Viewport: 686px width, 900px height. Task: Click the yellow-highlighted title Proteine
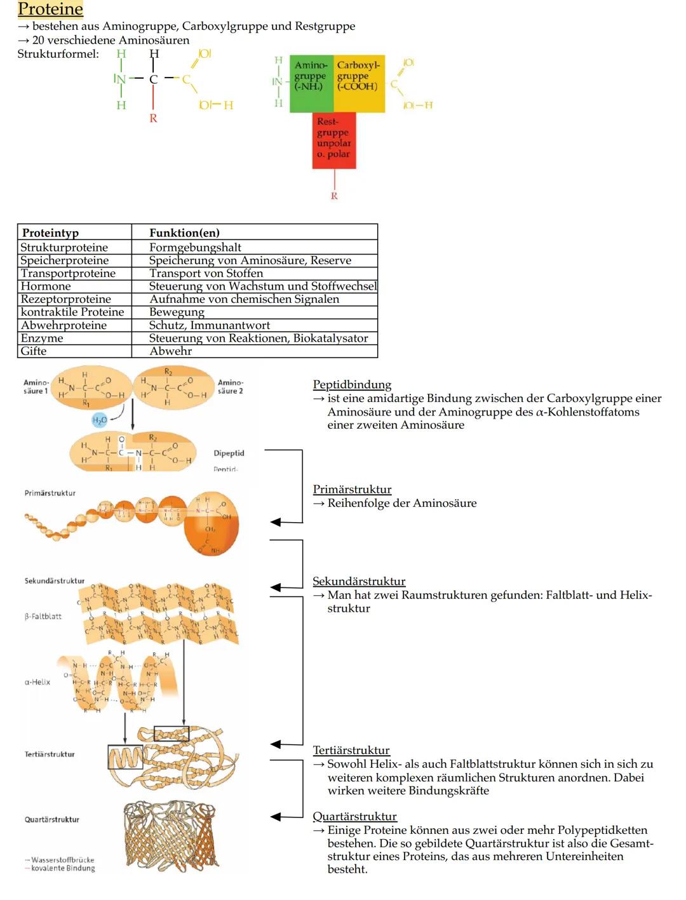(x=50, y=10)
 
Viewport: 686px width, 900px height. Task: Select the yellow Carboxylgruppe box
(x=359, y=83)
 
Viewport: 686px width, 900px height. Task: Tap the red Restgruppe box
(x=333, y=140)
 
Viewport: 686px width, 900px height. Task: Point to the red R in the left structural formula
(x=153, y=118)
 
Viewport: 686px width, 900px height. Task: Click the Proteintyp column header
(x=51, y=232)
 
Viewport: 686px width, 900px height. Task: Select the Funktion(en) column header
(x=184, y=232)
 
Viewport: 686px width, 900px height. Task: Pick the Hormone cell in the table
(x=46, y=286)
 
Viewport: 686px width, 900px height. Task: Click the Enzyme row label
(x=42, y=338)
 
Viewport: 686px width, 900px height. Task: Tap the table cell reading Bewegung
(x=177, y=312)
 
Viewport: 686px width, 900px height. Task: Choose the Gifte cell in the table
(x=34, y=351)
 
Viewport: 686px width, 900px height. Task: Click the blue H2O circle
(x=100, y=420)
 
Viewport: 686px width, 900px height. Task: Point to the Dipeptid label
(x=229, y=453)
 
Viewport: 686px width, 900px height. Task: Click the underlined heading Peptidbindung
(x=352, y=384)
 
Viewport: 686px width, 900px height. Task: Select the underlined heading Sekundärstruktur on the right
(x=359, y=581)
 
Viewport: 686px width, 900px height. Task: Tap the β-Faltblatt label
(x=43, y=617)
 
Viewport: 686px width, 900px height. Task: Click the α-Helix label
(x=37, y=682)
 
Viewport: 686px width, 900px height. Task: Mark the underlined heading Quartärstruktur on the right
(x=354, y=816)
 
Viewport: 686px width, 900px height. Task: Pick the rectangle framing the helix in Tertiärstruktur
(x=125, y=757)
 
